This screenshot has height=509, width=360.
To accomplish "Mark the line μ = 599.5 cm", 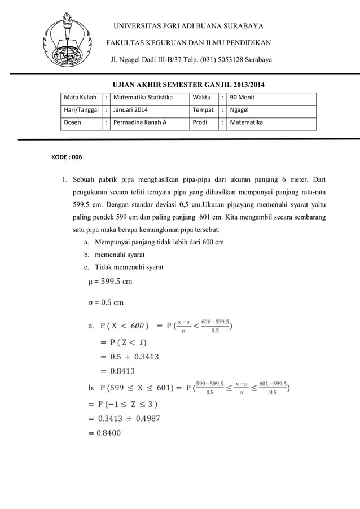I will tap(111, 282).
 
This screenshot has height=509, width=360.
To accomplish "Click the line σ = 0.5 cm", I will tap(107, 302).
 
